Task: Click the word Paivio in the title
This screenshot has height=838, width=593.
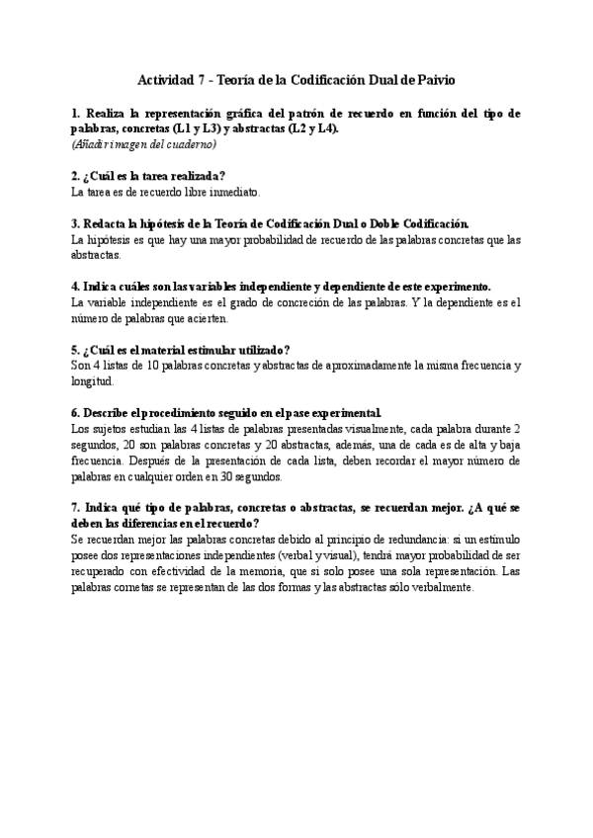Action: point(433,79)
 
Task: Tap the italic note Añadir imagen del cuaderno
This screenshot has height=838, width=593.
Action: point(143,144)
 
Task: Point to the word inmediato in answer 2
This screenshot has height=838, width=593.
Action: point(231,192)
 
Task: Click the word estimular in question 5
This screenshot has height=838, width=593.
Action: point(208,350)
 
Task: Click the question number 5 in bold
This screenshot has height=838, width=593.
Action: point(75,350)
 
